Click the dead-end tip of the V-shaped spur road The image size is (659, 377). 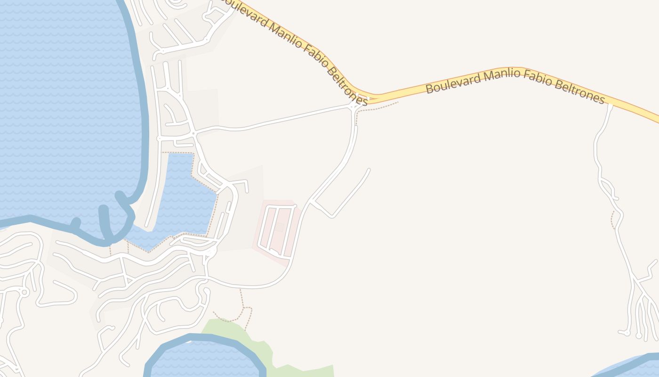(369, 170)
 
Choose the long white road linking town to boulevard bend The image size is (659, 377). (273, 122)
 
